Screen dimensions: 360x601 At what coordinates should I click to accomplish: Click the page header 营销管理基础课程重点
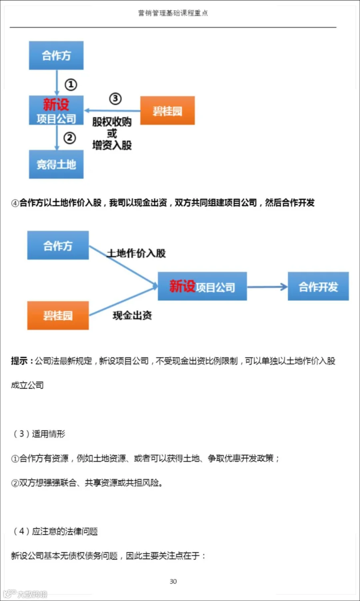(x=173, y=13)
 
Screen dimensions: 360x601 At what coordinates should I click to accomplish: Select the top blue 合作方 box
(x=56, y=56)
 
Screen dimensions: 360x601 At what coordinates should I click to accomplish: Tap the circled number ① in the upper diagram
(x=71, y=84)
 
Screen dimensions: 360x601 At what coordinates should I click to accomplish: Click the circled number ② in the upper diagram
(x=70, y=138)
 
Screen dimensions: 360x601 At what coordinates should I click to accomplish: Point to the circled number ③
(x=115, y=98)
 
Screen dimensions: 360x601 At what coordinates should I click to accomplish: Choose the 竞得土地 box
(x=56, y=164)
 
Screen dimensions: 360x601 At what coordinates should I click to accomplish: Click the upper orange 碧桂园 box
(x=167, y=111)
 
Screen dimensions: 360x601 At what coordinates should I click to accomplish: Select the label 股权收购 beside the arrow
(x=112, y=122)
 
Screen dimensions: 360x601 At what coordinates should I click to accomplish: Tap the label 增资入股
(x=112, y=145)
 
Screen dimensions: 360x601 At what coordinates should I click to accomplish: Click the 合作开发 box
(x=318, y=286)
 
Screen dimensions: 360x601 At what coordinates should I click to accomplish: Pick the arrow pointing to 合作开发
(x=267, y=286)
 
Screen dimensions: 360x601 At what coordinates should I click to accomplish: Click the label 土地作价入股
(x=136, y=253)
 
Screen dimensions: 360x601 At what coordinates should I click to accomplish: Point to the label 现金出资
(x=132, y=315)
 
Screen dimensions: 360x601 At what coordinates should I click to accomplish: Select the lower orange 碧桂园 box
(x=58, y=315)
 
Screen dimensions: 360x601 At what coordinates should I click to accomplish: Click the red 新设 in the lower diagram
(x=182, y=286)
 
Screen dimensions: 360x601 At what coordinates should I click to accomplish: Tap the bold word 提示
(x=20, y=361)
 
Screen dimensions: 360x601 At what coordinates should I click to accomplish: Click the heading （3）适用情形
(x=39, y=434)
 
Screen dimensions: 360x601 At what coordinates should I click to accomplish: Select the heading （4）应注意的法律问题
(x=56, y=531)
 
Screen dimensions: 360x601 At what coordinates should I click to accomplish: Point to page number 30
(x=173, y=581)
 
